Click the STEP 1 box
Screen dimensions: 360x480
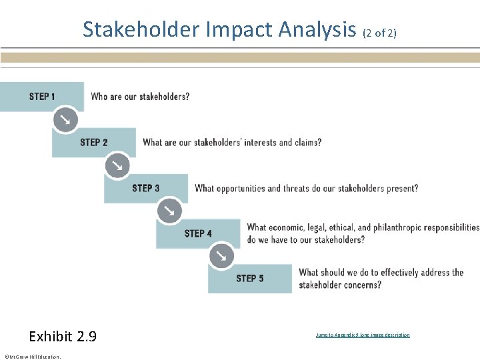(42, 97)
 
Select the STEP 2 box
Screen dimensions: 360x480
(94, 142)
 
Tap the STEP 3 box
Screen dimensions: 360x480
(146, 188)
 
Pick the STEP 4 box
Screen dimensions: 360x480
(198, 233)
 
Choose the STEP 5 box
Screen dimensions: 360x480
(250, 278)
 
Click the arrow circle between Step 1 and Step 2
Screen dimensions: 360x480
(65, 119)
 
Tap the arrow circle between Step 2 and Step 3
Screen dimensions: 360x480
(117, 165)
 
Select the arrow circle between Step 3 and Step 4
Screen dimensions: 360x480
(169, 211)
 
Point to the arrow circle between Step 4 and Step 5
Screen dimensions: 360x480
(221, 255)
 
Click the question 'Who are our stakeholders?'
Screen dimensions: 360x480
(140, 97)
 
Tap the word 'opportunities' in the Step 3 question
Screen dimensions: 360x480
(242, 188)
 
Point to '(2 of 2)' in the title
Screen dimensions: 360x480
(380, 32)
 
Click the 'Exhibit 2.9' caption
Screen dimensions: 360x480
(63, 336)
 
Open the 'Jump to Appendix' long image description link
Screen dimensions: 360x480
(363, 335)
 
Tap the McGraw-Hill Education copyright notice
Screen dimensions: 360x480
(32, 356)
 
